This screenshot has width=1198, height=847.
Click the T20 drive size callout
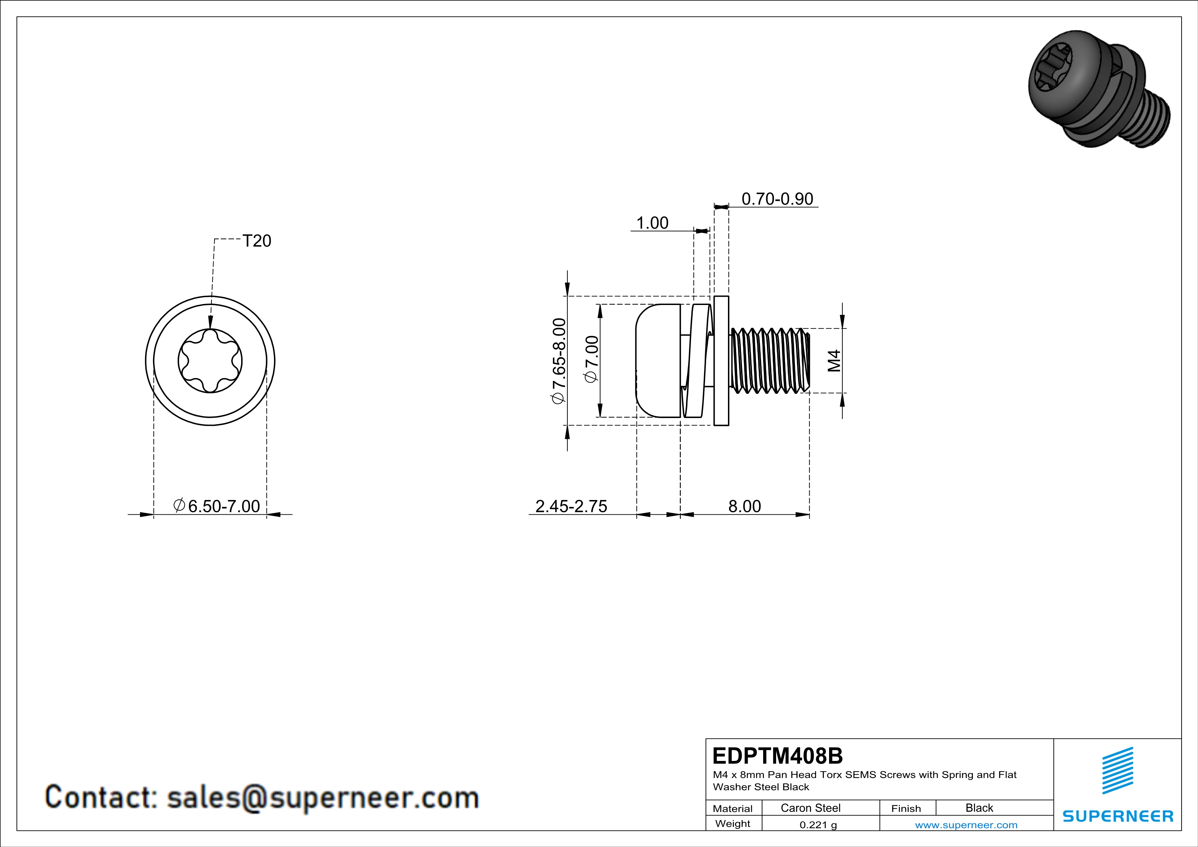pyautogui.click(x=257, y=241)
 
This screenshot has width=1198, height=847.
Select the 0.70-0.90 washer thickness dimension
pyautogui.click(x=777, y=199)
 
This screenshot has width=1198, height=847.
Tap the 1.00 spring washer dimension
pyautogui.click(x=652, y=223)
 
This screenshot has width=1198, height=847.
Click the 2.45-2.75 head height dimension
pyautogui.click(x=572, y=506)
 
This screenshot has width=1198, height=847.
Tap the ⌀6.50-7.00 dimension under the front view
pyautogui.click(x=217, y=506)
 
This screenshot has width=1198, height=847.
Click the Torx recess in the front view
pyautogui.click(x=210, y=361)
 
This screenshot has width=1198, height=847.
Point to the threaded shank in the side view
pyautogui.click(x=770, y=360)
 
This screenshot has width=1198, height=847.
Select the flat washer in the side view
pyautogui.click(x=721, y=360)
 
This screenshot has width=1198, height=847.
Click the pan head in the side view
pyautogui.click(x=658, y=360)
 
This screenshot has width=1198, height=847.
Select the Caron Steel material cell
pyautogui.click(x=810, y=808)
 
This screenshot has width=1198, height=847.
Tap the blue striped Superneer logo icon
pyautogui.click(x=1118, y=771)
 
